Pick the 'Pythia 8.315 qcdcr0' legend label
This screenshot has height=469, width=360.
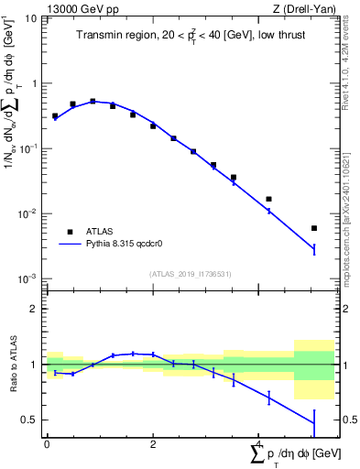126,245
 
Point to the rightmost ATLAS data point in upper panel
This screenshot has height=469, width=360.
314,228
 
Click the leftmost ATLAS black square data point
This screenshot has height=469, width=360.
55,116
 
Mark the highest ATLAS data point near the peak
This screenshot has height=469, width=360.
93,101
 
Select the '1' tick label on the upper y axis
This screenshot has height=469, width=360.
36,83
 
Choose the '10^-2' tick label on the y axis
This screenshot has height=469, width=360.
30,213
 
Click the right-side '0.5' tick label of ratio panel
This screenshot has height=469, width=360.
347,420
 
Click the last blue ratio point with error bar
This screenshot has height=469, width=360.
314,423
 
